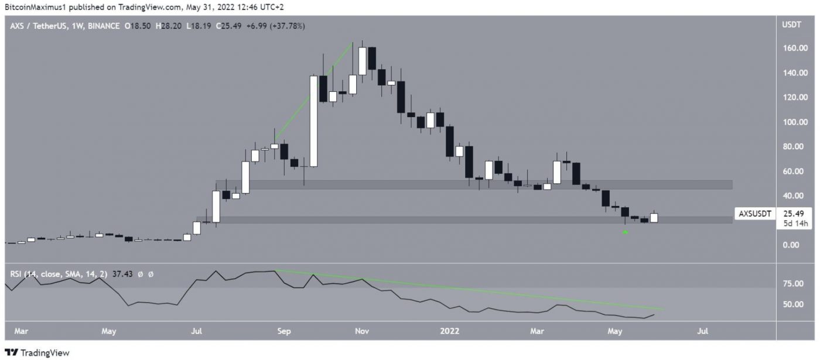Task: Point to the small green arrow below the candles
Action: click(x=625, y=232)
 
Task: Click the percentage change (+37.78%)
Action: click(x=285, y=26)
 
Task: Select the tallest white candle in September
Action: click(x=313, y=121)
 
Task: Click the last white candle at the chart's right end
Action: click(x=654, y=218)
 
